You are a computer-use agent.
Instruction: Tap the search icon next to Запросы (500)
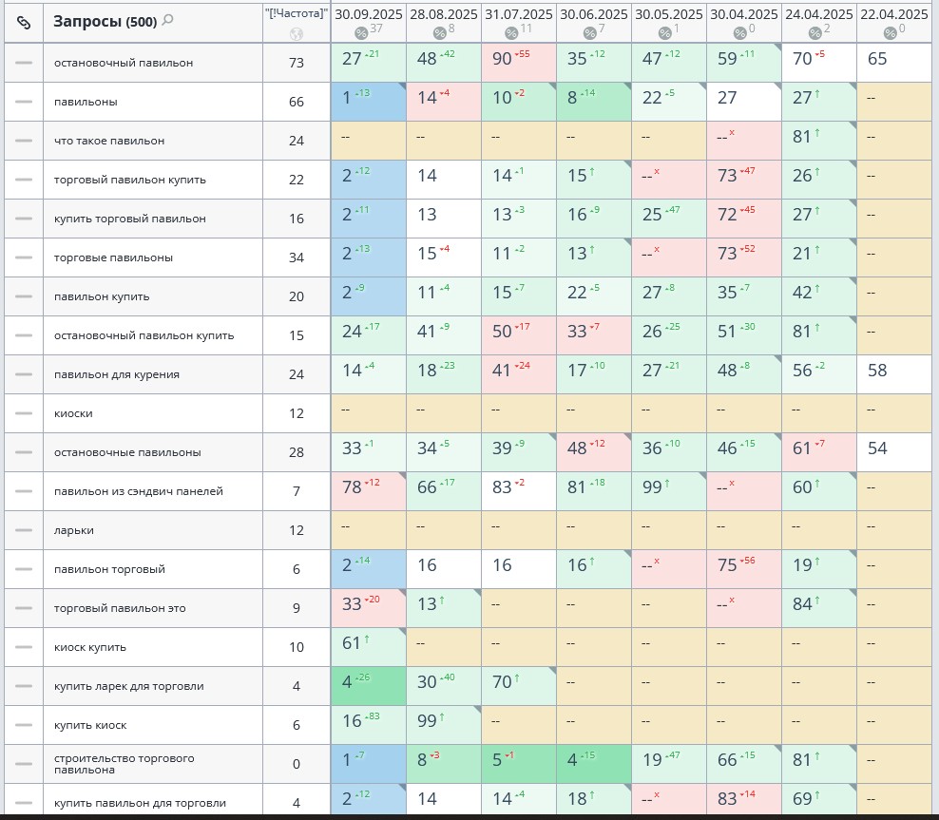click(168, 20)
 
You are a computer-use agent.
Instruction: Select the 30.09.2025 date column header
click(368, 14)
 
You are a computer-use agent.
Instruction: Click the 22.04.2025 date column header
click(892, 14)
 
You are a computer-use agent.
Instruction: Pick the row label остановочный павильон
click(124, 63)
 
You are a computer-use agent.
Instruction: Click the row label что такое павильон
click(109, 141)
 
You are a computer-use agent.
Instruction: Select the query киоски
click(73, 413)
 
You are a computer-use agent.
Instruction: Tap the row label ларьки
click(74, 530)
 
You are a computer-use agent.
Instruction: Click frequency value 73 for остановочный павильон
click(297, 63)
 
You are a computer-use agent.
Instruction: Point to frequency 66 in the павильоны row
click(297, 102)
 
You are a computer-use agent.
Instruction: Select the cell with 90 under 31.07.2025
click(503, 59)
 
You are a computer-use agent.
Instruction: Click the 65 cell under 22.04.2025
click(877, 59)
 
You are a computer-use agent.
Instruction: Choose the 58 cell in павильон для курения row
click(877, 371)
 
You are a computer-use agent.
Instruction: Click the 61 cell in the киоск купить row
click(352, 643)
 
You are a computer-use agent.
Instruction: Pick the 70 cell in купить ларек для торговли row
click(503, 682)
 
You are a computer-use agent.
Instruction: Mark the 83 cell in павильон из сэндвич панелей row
click(503, 487)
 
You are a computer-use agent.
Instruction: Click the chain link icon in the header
click(24, 21)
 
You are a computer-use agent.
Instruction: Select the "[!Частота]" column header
click(297, 13)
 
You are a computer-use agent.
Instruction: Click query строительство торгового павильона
click(124, 764)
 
